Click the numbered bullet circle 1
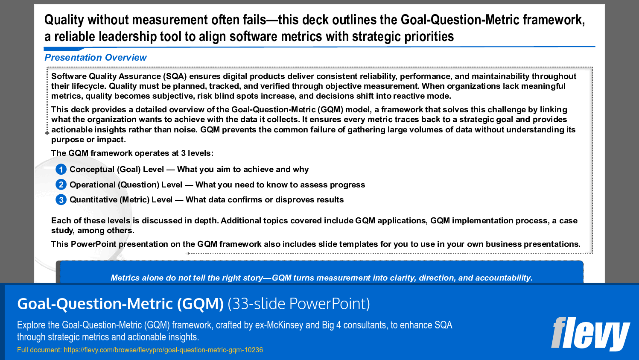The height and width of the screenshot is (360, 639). pos(61,170)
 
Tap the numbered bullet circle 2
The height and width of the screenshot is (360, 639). pos(61,184)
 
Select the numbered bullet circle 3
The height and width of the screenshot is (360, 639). pos(61,199)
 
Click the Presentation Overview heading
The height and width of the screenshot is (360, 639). pos(96,58)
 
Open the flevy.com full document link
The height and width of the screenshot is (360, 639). pos(163,350)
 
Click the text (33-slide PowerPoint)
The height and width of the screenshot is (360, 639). pos(298,304)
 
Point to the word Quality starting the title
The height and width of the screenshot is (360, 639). pos(64,20)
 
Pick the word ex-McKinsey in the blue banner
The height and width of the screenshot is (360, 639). pos(279,325)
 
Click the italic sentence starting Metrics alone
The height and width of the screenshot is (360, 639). pos(321,278)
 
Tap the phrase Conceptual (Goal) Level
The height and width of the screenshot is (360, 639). pos(117,170)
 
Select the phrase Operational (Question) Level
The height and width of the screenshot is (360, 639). pos(126,184)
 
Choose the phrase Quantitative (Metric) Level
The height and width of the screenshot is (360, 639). pos(121,199)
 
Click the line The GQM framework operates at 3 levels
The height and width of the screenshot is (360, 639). pos(132,153)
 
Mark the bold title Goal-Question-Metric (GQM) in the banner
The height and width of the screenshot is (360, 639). pos(120,304)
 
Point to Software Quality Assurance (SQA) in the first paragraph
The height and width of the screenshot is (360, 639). pos(119,76)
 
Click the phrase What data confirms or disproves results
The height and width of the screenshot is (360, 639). pos(265,199)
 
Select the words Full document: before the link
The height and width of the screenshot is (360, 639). pos(39,350)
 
